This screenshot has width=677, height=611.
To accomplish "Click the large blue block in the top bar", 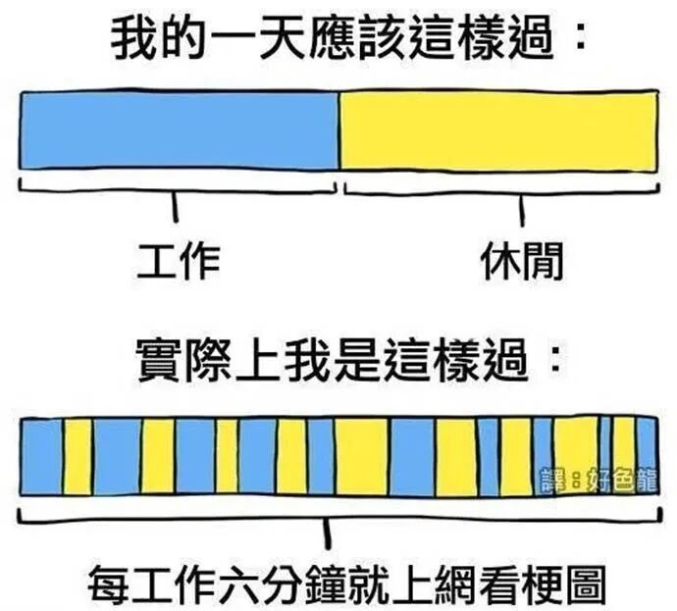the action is click(x=179, y=130).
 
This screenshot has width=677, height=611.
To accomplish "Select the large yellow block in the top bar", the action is click(x=498, y=130).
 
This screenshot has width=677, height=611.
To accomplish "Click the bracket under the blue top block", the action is click(x=177, y=188).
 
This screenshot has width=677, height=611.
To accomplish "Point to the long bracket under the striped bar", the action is click(x=338, y=517).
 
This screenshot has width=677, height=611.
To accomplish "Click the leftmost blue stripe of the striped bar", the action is click(x=41, y=455).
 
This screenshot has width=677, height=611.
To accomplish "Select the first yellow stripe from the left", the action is click(x=78, y=455).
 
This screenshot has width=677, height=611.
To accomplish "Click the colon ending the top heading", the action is click(x=580, y=39).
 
